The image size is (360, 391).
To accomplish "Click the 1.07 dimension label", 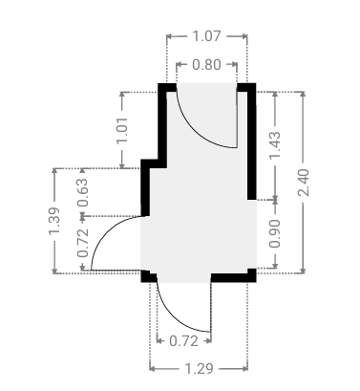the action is click(206, 36).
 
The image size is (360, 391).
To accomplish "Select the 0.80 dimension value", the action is click(206, 65).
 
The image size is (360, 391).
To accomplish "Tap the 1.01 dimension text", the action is click(122, 130).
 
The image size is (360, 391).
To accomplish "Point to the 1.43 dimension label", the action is click(275, 145).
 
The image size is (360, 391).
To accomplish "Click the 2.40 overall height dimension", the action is click(303, 183).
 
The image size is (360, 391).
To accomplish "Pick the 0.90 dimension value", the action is click(275, 233).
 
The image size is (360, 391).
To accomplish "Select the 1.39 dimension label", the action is click(54, 221).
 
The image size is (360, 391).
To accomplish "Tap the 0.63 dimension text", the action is click(83, 192).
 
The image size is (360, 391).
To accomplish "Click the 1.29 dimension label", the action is click(199, 369).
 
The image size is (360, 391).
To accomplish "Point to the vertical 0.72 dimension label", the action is click(83, 244).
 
